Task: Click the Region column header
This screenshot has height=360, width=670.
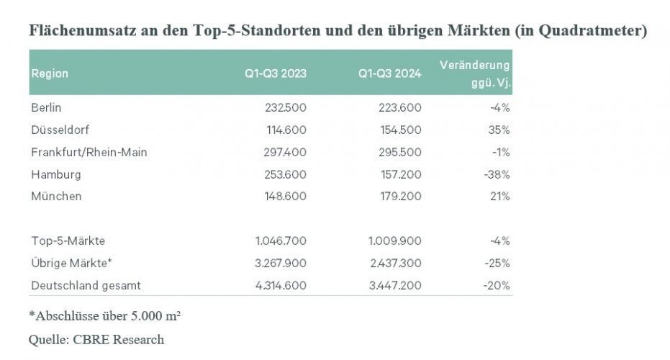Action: point(50,73)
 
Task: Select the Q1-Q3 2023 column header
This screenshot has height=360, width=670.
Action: point(276,73)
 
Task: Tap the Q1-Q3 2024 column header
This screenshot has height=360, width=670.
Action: point(390,73)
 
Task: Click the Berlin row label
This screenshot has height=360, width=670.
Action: point(47,107)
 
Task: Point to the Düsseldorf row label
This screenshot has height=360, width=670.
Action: point(60,130)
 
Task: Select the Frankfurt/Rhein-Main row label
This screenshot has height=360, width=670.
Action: point(89,152)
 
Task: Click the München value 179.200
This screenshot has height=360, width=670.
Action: point(400,196)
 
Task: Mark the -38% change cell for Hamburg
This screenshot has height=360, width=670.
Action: point(497,174)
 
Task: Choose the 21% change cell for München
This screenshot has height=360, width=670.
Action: point(499,196)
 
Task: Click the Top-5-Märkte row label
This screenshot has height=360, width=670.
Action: point(68,240)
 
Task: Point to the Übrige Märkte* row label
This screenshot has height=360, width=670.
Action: point(72,263)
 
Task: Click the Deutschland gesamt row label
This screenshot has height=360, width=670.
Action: point(86,285)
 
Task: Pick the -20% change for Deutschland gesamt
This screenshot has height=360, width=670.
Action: point(497,285)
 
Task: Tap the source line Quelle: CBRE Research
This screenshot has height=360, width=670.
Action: point(96,339)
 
